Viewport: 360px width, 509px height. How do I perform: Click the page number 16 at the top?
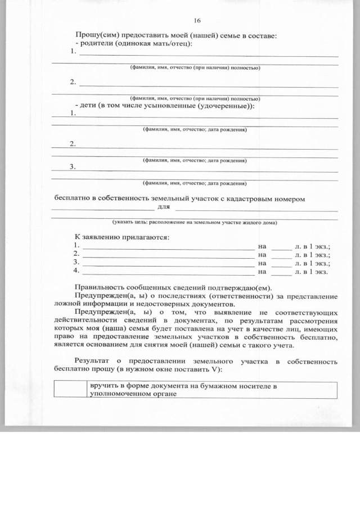coord(197,21)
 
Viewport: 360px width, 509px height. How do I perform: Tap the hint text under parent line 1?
coord(195,67)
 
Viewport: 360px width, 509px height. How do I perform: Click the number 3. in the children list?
coord(73,166)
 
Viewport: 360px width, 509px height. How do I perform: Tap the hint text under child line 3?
coord(195,183)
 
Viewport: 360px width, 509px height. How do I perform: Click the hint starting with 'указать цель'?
coord(195,222)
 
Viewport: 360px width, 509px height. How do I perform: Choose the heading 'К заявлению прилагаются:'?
coord(123,237)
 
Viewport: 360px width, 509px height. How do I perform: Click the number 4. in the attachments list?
coord(76,271)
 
